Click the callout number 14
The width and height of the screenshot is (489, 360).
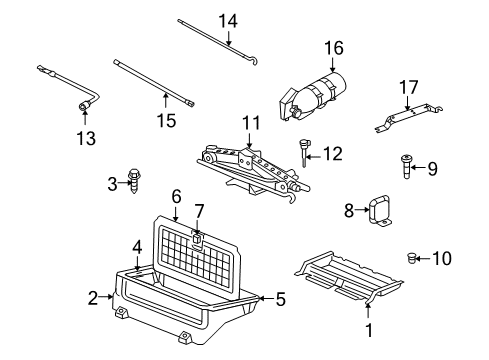[x=229, y=19]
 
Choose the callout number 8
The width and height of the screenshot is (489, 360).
[x=350, y=210]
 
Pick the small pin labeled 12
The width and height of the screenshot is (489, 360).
[x=303, y=151]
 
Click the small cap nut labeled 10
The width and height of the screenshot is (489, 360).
[x=411, y=259]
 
